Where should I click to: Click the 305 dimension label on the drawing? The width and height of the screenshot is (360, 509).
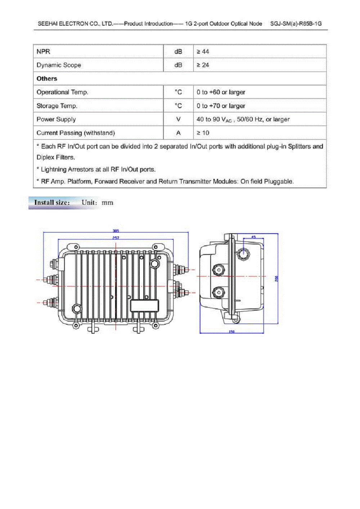coord(116,231)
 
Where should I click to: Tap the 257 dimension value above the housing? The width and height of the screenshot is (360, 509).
coord(116,238)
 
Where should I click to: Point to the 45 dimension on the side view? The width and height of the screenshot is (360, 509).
coord(253,237)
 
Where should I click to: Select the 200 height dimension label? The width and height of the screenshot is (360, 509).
coord(276,279)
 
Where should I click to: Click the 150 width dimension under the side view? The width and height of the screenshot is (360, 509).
coord(232,332)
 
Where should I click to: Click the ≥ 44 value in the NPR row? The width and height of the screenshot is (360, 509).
coord(203,51)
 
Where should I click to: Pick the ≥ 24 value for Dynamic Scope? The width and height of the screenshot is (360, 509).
coord(203,65)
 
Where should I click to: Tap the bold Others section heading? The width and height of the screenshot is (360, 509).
coord(47,78)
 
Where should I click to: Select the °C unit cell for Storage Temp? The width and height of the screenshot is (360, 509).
coord(178,106)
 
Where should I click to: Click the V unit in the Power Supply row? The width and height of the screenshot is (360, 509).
coord(178,119)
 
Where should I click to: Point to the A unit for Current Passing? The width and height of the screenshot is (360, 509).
coord(178,133)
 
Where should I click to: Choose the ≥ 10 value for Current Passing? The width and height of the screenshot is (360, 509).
coord(203,133)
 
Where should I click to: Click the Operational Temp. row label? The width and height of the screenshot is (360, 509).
coord(62,92)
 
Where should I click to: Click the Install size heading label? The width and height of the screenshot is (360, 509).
coord(52,203)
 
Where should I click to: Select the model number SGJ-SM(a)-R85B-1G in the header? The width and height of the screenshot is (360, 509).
coord(296,24)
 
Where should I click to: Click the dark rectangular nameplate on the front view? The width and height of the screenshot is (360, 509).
coord(144,306)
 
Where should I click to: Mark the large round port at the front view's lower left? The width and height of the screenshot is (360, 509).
coord(77,308)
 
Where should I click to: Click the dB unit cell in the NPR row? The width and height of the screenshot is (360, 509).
coord(178,51)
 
